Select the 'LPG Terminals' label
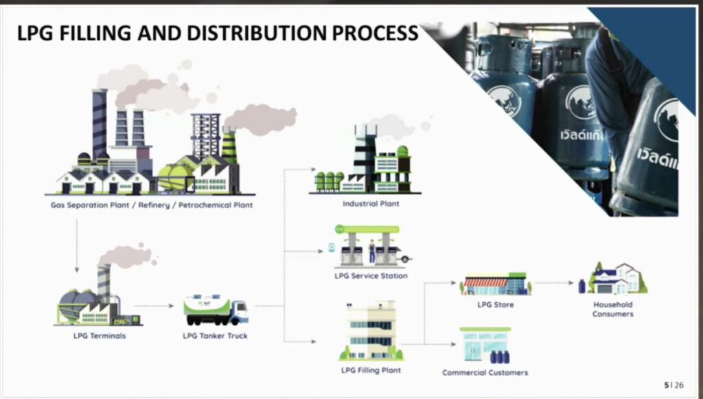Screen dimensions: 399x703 coord(100,336)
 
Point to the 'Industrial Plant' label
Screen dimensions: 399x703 coord(371,204)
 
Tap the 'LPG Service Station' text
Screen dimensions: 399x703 coord(370,276)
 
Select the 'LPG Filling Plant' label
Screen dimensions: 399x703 coord(371,370)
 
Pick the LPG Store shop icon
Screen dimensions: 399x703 coord(494,284)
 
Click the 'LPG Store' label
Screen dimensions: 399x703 coord(495,304)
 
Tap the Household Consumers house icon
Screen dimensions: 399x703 coord(614,278)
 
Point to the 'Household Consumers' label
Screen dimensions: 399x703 coord(613,309)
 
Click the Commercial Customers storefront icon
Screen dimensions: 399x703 coord(485,345)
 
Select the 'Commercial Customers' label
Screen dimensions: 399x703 coord(485,372)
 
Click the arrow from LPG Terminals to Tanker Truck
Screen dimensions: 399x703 coord(154,306)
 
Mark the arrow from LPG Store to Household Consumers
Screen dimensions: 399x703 coord(553,282)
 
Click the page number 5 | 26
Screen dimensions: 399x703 coord(673,385)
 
